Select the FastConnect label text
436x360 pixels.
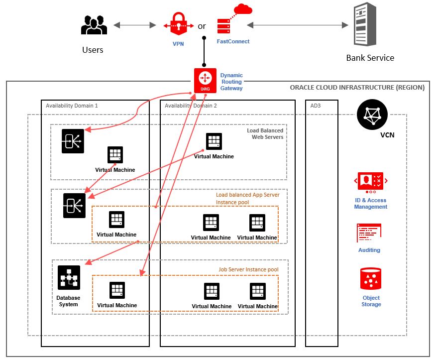233,42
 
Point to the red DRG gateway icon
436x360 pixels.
205,80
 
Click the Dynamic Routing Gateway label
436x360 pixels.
232,82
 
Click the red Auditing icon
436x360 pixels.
369,234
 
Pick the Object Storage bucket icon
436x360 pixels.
371,279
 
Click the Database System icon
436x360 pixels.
69,277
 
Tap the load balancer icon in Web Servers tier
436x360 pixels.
73,141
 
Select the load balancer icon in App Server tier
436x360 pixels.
74,205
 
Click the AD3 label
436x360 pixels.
316,106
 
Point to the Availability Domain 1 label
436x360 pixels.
72,106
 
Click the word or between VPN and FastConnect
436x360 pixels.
202,26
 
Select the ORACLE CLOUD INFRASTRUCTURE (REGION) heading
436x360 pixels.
357,88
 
